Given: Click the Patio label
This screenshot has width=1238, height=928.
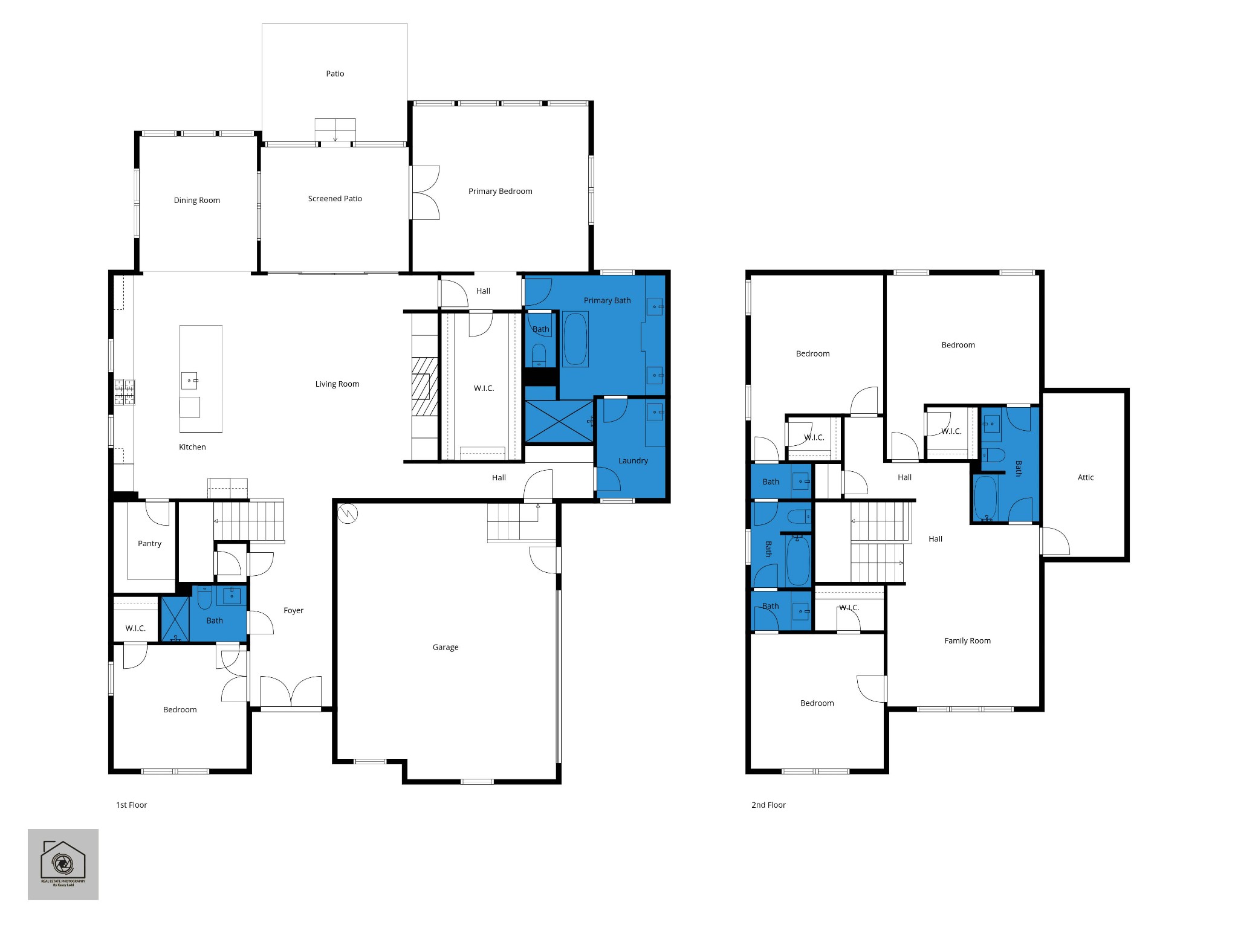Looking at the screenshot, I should [335, 74].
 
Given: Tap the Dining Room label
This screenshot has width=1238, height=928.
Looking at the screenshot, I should [197, 201].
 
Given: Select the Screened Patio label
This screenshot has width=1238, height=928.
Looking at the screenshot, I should [335, 199].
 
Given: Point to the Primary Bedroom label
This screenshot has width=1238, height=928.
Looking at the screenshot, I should [501, 192].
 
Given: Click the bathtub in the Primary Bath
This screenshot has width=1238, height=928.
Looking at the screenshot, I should [575, 339].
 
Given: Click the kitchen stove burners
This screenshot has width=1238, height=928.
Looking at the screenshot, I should [125, 391].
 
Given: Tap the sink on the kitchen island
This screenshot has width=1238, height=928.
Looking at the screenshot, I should [189, 381].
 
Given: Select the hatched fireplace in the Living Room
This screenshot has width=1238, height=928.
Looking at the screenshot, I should [425, 385].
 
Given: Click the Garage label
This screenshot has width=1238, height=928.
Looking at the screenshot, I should [446, 648].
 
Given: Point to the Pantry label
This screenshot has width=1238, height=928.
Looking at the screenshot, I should [149, 544].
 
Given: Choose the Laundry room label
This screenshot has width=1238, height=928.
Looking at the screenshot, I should [633, 461].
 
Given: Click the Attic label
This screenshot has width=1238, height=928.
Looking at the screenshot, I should [1086, 478].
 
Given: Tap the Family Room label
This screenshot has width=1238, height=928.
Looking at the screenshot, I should [967, 641].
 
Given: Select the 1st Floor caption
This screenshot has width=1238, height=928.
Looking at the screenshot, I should [132, 805].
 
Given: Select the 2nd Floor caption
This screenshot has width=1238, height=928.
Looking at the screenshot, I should [768, 805].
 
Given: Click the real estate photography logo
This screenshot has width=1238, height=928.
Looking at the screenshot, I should [63, 865].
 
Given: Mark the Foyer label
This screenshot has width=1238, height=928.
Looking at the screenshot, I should [293, 611].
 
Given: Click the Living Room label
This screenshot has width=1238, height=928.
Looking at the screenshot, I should [337, 384].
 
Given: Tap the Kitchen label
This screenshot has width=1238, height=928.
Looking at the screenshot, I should [192, 447].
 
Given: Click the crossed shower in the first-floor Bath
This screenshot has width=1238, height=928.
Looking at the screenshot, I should [175, 619].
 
